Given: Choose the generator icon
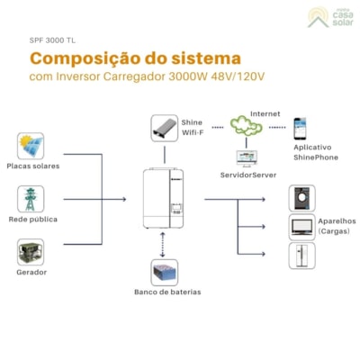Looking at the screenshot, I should click(x=31, y=251).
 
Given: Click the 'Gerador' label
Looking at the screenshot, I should click(x=31, y=272).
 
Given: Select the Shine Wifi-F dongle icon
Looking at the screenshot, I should click(x=164, y=127).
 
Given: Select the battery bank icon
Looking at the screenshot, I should click(x=164, y=272).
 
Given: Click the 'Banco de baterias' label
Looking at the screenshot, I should click(x=167, y=292).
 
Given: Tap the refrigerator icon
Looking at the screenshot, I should click(x=301, y=256).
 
